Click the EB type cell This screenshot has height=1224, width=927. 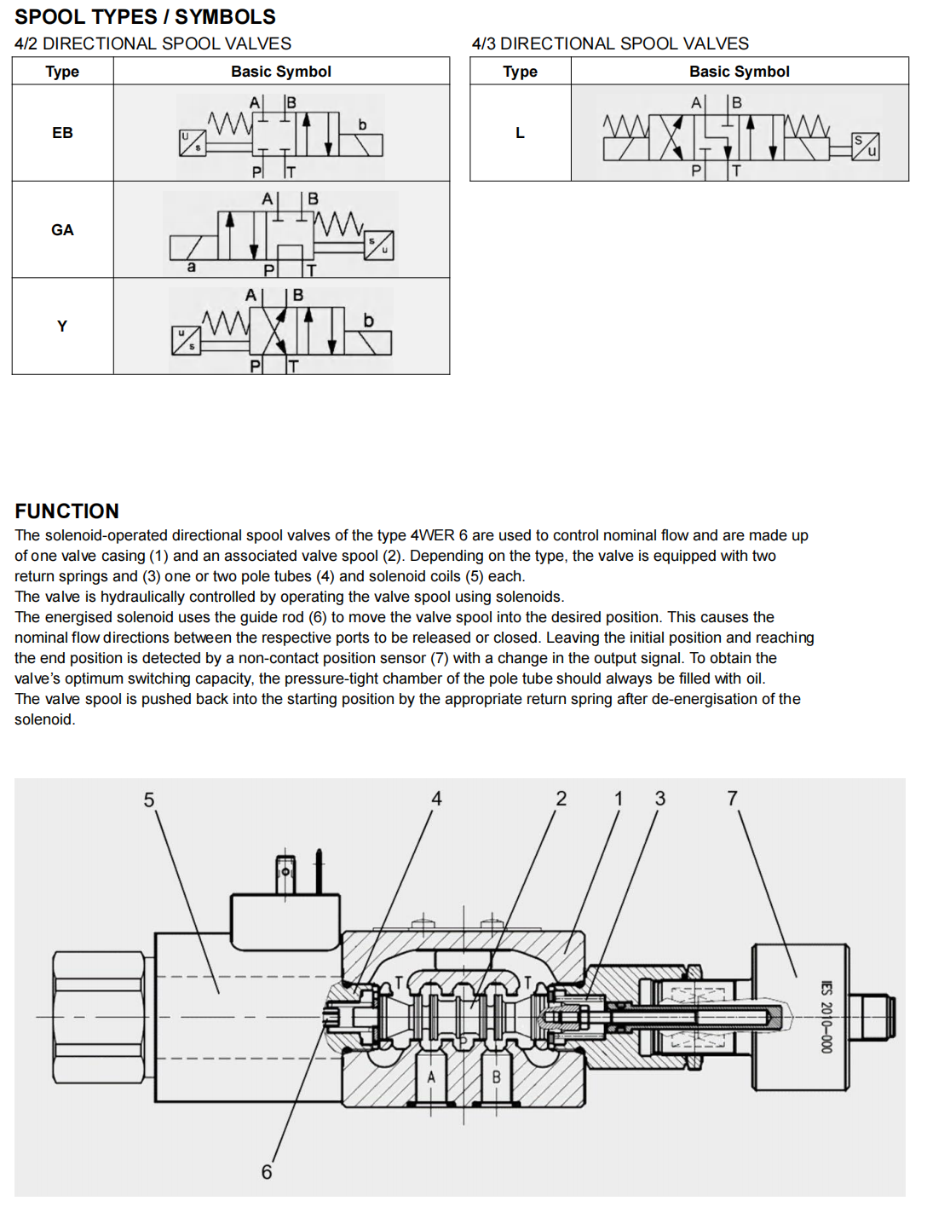[x=62, y=133]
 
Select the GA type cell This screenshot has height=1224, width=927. [x=62, y=230]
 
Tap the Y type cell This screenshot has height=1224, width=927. [x=62, y=326]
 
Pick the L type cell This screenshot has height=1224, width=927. [x=520, y=133]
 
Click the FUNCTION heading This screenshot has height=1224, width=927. [x=67, y=511]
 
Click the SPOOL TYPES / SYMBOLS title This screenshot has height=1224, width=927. [x=145, y=17]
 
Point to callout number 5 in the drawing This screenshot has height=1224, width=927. [x=149, y=800]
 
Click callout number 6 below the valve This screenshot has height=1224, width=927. [x=267, y=1172]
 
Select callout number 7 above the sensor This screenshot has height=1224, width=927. [x=733, y=798]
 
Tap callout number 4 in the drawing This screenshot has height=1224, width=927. [x=436, y=799]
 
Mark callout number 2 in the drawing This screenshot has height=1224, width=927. [x=561, y=799]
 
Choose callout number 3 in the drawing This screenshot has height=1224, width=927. [x=660, y=799]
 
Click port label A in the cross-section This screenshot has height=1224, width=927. [x=431, y=1077]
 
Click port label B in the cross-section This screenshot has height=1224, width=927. [x=496, y=1077]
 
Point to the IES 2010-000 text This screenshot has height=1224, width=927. [x=826, y=1017]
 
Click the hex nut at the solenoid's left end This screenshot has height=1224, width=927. [x=99, y=1017]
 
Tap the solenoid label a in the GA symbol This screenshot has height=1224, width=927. [x=191, y=267]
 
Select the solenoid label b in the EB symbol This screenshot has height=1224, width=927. [x=362, y=124]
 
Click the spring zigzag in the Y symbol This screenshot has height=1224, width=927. [x=226, y=323]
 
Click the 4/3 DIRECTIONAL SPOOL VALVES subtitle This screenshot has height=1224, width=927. [x=610, y=43]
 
